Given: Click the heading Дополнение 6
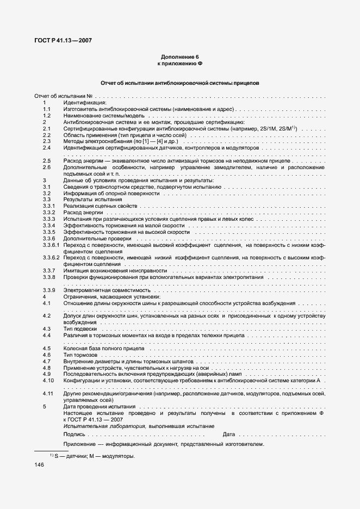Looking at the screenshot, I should coord(179,57).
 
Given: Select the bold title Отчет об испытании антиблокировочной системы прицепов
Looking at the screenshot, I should coord(179,83).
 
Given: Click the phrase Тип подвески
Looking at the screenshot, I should coord(80,329).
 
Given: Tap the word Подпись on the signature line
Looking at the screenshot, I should coord(74,434).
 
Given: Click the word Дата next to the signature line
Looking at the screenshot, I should coord(228,434).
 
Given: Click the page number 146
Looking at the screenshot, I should coord(39,465).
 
